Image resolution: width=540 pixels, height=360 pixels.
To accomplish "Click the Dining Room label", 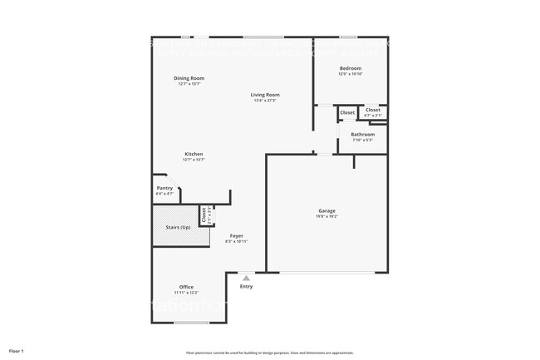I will pos(189,78).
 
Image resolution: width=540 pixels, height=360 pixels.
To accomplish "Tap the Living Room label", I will pos(265,95).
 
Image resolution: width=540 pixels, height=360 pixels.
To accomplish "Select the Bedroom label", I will pos(350,68).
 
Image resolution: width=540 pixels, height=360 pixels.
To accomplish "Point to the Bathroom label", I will pos(362,134).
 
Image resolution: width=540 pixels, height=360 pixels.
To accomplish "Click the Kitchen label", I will pos(194,154).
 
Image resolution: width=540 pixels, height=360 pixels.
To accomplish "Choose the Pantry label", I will pos(164,188).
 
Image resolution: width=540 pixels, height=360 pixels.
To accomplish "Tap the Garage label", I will pos(326,210).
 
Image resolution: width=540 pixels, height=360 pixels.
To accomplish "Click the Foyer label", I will pos(237,235).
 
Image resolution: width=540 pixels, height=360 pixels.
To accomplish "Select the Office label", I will pos(186,287).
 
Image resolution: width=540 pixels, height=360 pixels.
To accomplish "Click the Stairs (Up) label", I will pos(173,227).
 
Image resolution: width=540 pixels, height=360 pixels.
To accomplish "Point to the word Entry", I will pos(246,287).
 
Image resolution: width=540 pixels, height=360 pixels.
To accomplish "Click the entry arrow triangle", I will pos(246,279).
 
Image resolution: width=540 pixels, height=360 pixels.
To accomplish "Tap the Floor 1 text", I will pos(17,351).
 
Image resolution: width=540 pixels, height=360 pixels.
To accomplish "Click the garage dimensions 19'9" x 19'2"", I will pos(326,216).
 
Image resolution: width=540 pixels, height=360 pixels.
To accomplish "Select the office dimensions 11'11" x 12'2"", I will pos(186,293).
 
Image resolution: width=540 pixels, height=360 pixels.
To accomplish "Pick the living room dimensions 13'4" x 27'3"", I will pos(265,101).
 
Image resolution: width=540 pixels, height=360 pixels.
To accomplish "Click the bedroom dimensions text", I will pos(350,74).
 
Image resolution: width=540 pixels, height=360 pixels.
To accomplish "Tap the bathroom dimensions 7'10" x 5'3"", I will pos(362,140).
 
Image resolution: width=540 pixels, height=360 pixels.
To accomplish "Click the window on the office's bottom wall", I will pos(191,322).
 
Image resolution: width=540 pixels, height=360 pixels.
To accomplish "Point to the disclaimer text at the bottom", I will pos(269,353).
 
